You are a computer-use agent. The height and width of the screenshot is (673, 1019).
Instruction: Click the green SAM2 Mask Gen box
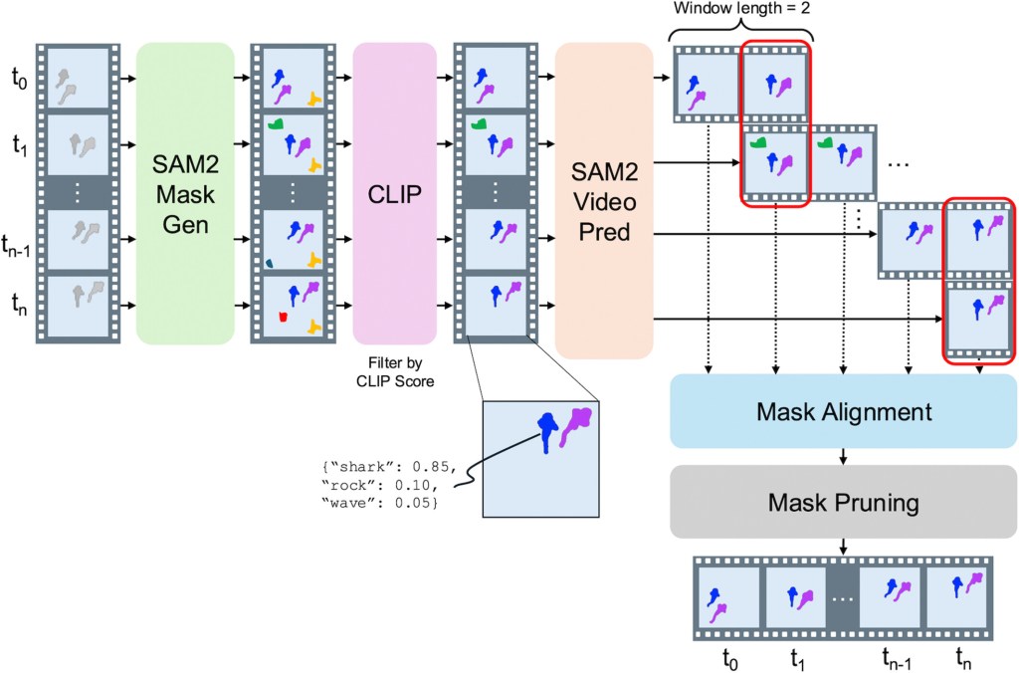coord(185,194)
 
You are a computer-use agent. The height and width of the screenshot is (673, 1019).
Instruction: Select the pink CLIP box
coord(394,194)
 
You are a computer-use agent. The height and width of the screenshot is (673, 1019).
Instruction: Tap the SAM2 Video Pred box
coord(603,200)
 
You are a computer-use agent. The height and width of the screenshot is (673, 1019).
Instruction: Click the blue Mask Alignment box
coord(844,412)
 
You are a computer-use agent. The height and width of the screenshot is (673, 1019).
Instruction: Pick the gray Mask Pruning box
coord(844,503)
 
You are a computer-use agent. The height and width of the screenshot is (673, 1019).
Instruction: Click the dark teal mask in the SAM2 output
coord(270,263)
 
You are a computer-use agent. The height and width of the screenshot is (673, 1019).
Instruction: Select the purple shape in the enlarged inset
coord(576,423)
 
